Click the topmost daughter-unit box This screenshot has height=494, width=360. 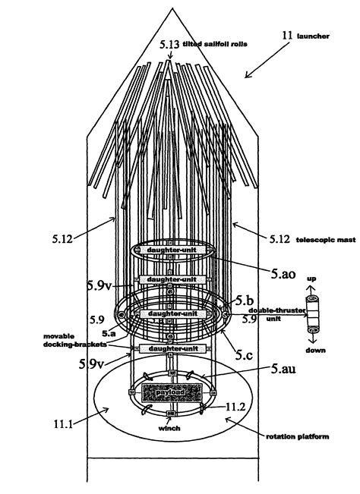(172, 250)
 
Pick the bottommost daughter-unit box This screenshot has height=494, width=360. (172, 348)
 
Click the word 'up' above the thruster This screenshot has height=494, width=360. (311, 279)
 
